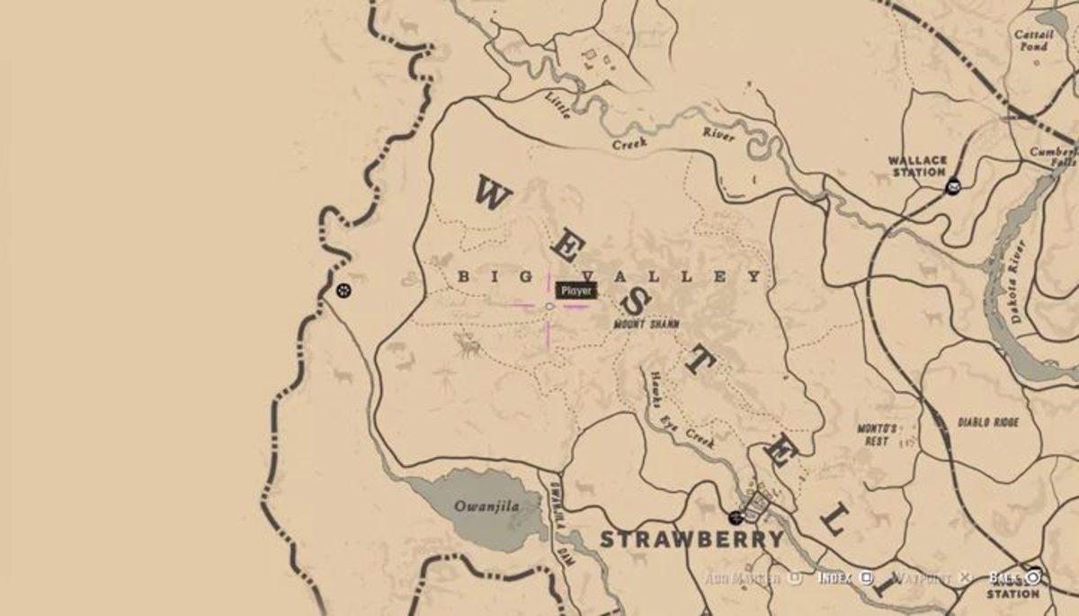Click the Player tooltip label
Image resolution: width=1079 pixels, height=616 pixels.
pos(575,290)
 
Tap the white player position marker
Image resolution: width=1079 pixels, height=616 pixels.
pos(549,307)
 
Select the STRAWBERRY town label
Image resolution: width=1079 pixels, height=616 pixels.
pos(691,540)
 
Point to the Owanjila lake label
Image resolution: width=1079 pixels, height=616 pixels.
pos(486,506)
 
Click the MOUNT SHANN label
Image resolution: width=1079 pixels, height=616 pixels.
pos(646,324)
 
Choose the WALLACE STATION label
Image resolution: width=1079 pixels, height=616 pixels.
pos(917,166)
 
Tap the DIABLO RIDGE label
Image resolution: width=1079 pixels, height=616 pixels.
pos(987,421)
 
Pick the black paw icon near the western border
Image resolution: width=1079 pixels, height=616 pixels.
pos(343,290)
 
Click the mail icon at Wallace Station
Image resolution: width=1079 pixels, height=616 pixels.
pos(952,186)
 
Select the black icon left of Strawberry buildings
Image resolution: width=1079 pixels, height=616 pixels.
pos(736,517)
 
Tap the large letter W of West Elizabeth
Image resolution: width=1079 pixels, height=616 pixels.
pos(493,192)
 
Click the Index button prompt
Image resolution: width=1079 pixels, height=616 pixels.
pos(845,578)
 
